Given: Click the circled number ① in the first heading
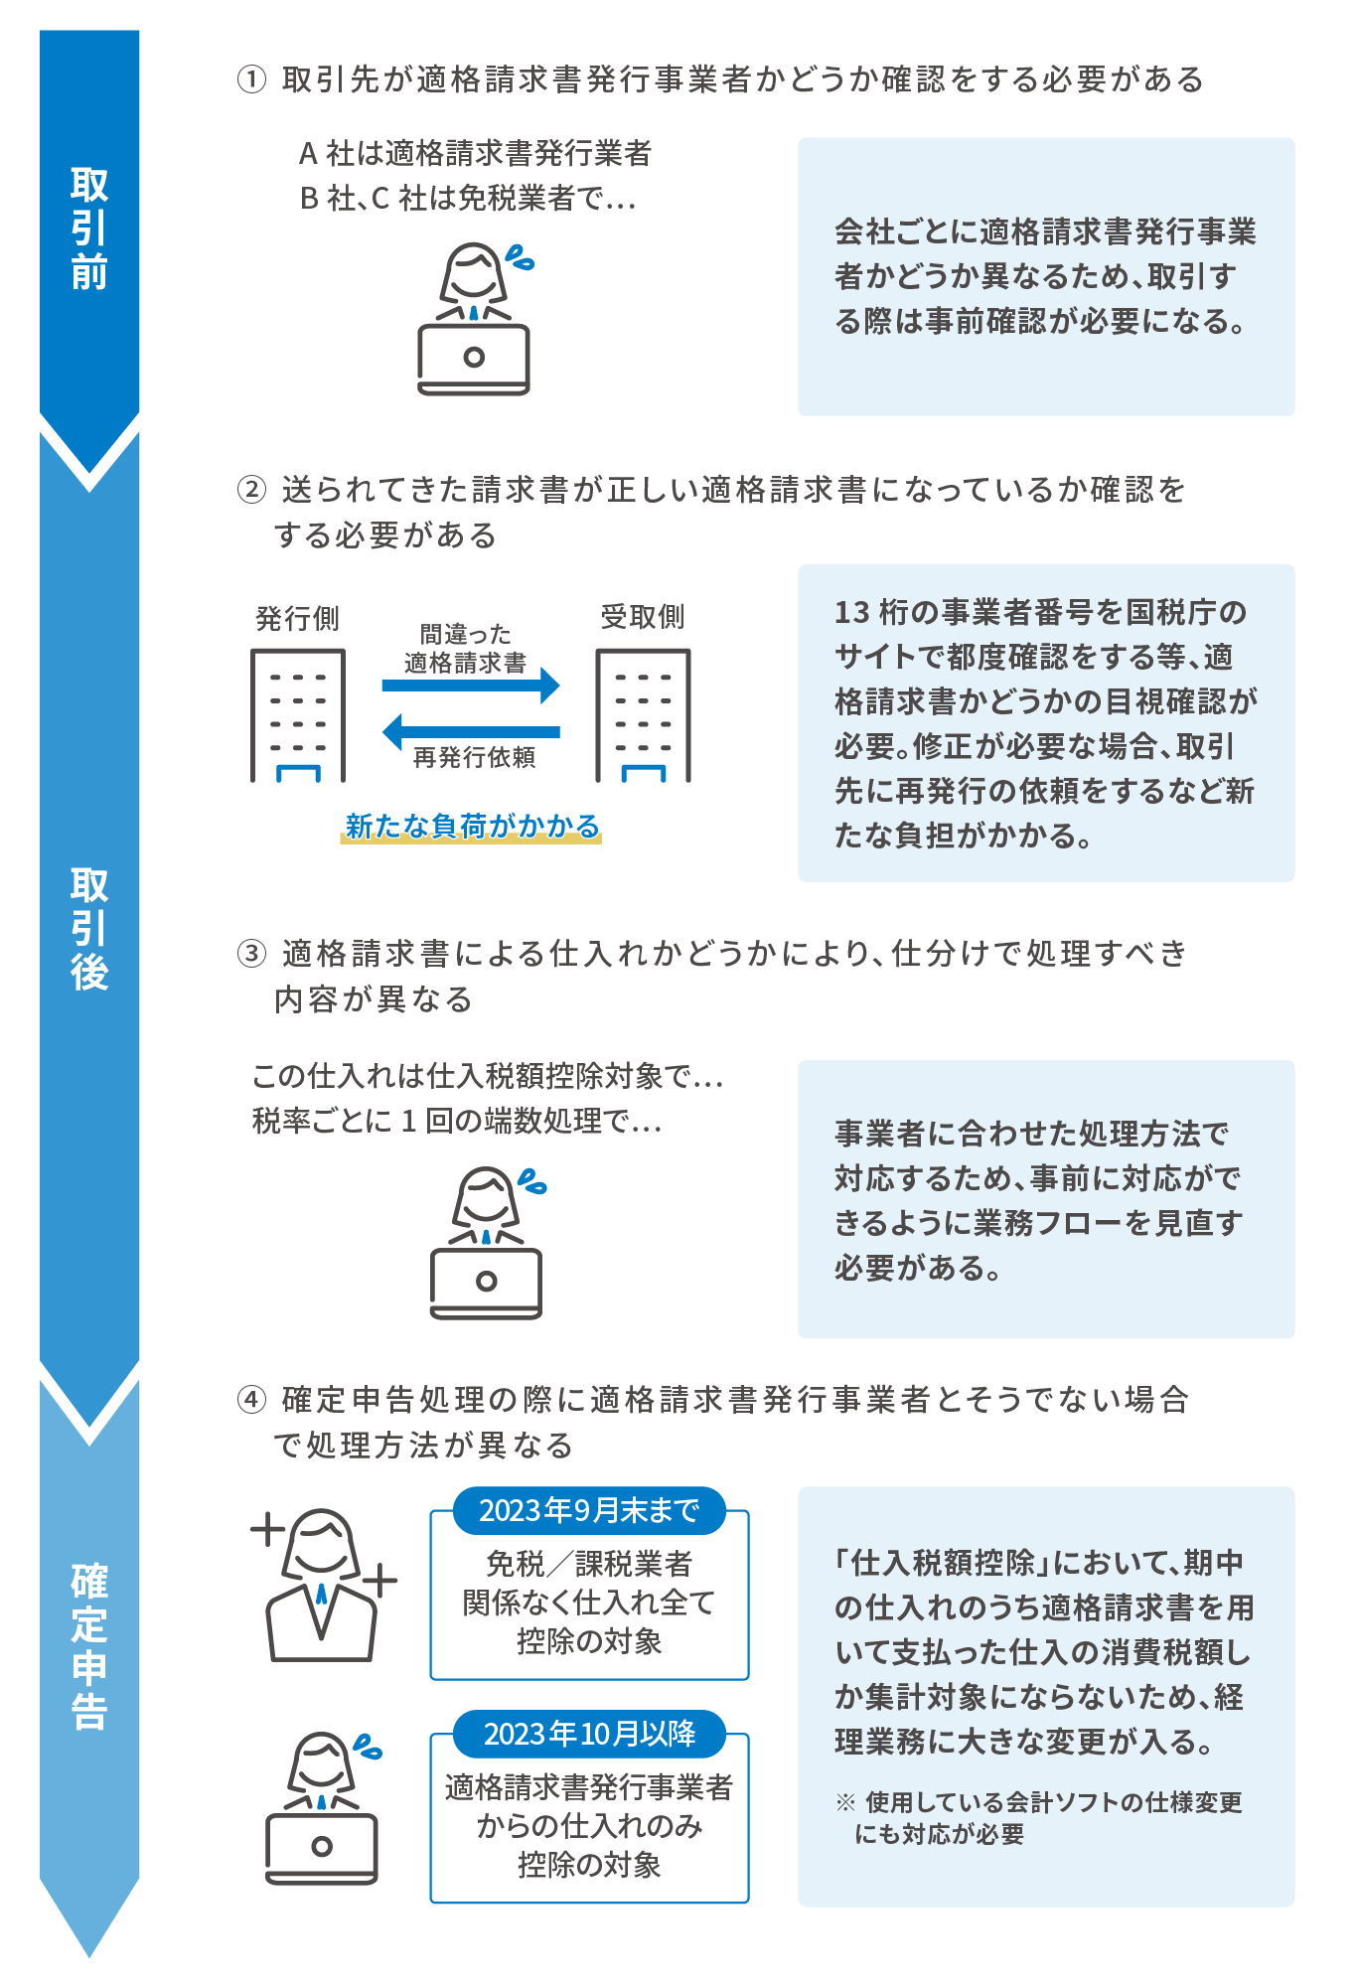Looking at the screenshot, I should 251,79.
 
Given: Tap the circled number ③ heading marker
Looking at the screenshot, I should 251,954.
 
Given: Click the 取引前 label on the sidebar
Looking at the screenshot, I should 89,229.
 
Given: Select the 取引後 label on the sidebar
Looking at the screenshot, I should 89,929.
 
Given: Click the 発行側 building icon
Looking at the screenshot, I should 298,715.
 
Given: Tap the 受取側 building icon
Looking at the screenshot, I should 643,715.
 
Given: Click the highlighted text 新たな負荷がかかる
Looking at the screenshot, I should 472,827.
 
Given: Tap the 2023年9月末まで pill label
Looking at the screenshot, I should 589,1511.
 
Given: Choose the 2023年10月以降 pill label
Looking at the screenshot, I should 589,1734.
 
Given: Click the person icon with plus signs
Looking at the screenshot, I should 322,1585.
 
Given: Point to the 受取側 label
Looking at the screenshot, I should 643,617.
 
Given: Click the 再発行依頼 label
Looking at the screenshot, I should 474,758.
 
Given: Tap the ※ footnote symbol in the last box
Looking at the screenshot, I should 845,1802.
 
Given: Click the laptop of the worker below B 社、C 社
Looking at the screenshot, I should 474,358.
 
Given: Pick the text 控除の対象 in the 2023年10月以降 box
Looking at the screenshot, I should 589,1865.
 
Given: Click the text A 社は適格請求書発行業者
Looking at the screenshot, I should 475,153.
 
